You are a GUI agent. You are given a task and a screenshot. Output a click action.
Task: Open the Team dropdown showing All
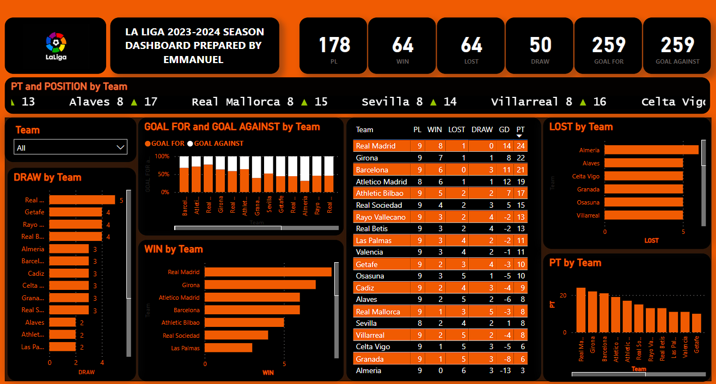[70, 147]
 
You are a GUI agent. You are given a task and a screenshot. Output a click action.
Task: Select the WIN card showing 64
[402, 46]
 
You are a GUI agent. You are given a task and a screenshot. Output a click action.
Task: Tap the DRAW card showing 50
[540, 46]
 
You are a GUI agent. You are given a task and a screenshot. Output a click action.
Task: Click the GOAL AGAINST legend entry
[216, 144]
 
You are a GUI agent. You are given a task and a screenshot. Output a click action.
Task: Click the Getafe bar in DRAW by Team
[76, 212]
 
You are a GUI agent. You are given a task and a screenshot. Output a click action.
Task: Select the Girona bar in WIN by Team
[260, 284]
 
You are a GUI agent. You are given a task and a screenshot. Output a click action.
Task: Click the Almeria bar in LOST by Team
[651, 150]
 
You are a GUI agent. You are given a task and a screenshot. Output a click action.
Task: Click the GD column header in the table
[504, 129]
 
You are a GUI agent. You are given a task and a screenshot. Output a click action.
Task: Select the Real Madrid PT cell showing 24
[521, 146]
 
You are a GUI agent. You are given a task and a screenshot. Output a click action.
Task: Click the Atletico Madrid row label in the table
[381, 182]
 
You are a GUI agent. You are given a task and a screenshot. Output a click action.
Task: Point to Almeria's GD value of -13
[505, 370]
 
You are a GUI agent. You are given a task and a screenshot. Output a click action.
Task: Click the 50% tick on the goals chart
[163, 174]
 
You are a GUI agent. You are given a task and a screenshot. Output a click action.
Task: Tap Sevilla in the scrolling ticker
[385, 102]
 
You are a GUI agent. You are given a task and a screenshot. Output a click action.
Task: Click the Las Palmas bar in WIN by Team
[228, 348]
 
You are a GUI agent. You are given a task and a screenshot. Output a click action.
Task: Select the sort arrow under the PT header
[521, 135]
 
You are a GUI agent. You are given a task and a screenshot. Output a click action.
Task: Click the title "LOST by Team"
[581, 127]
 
